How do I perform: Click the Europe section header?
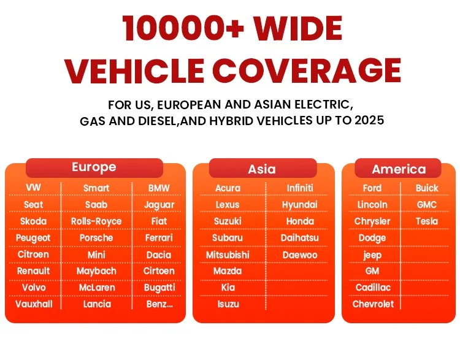point(94,168)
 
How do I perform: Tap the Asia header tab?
point(263,169)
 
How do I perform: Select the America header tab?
point(398,169)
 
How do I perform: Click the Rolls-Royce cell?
point(96,221)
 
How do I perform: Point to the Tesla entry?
point(426,221)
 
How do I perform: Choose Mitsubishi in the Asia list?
point(228,255)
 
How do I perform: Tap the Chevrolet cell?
point(373,304)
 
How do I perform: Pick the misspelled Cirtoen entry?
point(159,271)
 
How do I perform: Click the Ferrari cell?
point(159,238)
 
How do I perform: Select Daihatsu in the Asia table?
point(299,238)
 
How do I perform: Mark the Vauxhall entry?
point(34,304)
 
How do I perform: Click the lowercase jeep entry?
point(372,255)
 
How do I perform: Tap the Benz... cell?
point(159,304)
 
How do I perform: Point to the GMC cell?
point(426,204)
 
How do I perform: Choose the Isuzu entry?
point(228,304)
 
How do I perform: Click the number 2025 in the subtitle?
point(369,120)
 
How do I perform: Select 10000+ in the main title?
point(183,28)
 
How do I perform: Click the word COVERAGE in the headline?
point(306,71)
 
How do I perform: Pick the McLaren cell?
point(97,288)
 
